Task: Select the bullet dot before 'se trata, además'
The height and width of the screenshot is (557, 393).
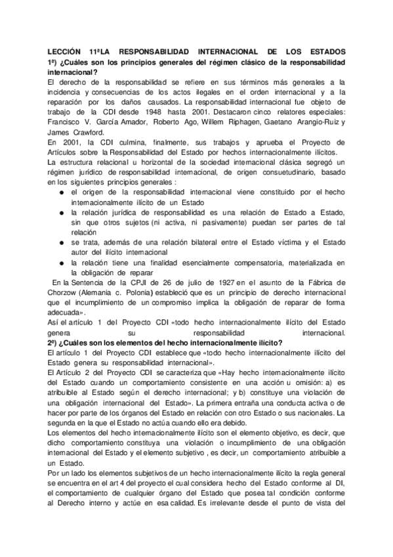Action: (61, 242)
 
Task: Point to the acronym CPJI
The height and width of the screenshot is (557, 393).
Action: (149, 282)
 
